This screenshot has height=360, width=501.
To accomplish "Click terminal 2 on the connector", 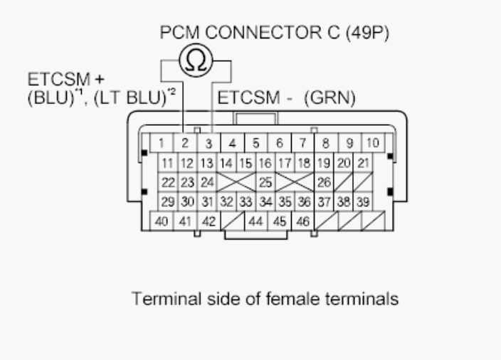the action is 184,143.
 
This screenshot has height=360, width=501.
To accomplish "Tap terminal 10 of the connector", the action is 372,143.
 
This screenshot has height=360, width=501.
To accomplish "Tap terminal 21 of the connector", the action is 363,163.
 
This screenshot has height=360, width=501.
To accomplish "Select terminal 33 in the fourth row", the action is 246,201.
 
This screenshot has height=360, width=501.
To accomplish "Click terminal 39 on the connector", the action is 363,201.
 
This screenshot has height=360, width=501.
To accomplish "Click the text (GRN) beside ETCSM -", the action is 329,99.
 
